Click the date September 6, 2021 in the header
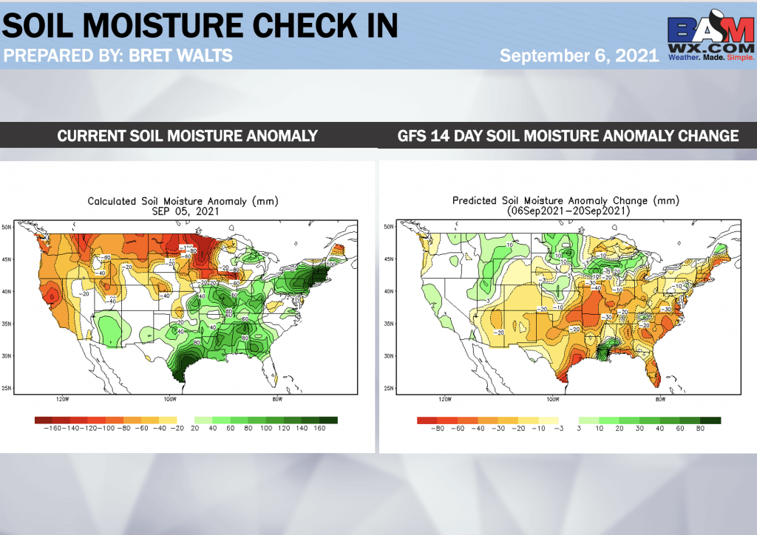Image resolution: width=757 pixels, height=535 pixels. pyautogui.click(x=579, y=55)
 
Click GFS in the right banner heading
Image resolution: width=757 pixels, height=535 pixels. pyautogui.click(x=415, y=135)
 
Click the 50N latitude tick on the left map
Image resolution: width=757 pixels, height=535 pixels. pyautogui.click(x=7, y=226)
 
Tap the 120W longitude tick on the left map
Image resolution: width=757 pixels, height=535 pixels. pyautogui.click(x=63, y=400)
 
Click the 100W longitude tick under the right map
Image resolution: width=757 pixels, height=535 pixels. pyautogui.click(x=552, y=400)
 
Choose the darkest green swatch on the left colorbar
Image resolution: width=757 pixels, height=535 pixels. pyautogui.click(x=330, y=420)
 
